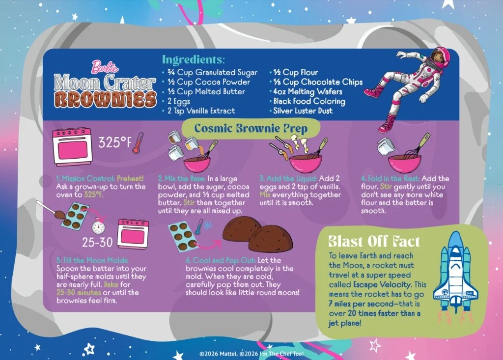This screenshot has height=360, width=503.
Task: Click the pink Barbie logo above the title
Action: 105,67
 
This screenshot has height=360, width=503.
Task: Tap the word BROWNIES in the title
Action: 105,99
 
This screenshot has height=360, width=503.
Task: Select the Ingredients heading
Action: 194,60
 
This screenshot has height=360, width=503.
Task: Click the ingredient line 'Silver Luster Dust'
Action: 303,111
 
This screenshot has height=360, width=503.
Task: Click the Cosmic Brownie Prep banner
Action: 251,128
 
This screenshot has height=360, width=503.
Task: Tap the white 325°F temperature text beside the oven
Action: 115,142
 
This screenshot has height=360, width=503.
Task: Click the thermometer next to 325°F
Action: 138,143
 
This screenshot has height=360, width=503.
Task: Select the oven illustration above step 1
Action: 73,147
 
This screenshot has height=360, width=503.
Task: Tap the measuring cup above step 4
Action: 386,147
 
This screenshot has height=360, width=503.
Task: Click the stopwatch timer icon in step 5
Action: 98,226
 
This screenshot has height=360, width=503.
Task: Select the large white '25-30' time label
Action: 97,242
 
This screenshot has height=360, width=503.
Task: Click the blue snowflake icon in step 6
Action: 208,225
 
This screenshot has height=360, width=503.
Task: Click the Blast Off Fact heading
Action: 374,241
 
